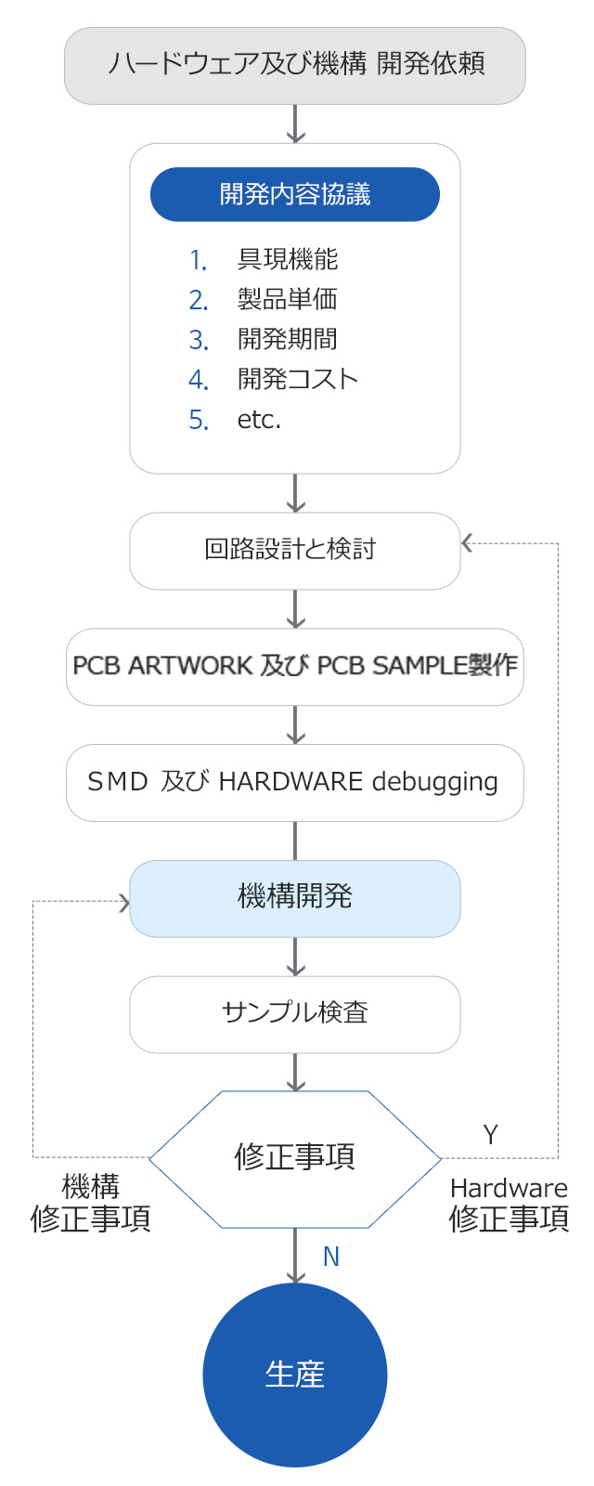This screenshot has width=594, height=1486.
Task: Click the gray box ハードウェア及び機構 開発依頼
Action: (295, 65)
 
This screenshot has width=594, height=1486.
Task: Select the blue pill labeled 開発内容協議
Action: (295, 194)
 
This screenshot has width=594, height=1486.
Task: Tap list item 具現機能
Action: (288, 260)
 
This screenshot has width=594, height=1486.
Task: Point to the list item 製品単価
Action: (288, 300)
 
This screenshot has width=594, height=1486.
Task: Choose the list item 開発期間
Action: (288, 340)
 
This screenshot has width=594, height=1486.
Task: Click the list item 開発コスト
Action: (298, 380)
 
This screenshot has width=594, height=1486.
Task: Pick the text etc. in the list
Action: (259, 420)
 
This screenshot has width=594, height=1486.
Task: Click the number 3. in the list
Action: (199, 340)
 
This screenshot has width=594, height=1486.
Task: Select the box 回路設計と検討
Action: (295, 550)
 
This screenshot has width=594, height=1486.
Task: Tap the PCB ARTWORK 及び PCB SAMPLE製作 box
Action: (295, 666)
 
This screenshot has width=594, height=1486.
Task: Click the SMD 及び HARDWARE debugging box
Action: (295, 782)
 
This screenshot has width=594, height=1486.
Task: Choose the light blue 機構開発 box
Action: (295, 897)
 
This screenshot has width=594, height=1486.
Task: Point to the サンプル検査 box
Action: (295, 1013)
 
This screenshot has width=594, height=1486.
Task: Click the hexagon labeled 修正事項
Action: (295, 1158)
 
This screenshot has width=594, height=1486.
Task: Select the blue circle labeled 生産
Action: (295, 1375)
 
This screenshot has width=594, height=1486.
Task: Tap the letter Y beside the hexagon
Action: (491, 1135)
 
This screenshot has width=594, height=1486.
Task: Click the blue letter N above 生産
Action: (331, 1257)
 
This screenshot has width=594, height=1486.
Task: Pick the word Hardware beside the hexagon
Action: (509, 1189)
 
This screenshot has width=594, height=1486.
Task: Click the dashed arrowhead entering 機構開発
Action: (124, 902)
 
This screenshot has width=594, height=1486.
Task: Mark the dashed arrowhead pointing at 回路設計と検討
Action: (467, 543)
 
